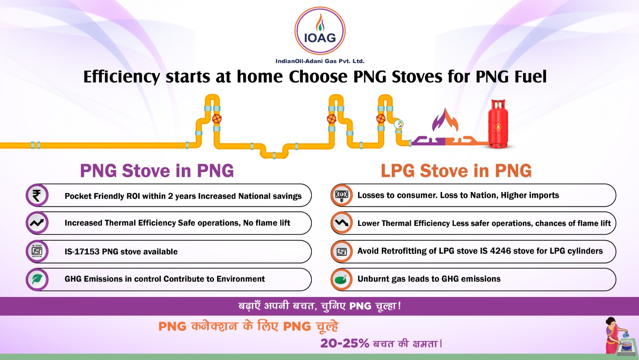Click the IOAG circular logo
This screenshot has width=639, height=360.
(320, 31)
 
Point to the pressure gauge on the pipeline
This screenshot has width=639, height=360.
(399, 124)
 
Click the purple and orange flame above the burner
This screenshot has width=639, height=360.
(445, 120)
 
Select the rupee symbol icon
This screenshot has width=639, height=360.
(37, 195)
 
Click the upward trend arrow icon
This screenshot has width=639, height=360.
(37, 223)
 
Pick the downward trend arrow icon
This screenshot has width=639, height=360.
(342, 223)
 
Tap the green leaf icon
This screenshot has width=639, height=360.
(37, 279)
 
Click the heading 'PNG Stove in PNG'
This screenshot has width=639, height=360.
(157, 171)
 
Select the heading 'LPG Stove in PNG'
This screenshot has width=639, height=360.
(456, 171)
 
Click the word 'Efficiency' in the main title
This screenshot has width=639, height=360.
(122, 77)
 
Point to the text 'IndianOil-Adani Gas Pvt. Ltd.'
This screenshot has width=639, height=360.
(320, 61)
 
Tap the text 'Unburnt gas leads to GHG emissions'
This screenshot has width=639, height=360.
(429, 279)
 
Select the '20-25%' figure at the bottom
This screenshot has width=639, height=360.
(345, 344)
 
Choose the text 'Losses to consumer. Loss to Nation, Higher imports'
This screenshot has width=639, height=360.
(458, 195)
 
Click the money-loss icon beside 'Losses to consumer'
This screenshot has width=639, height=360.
(342, 195)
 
